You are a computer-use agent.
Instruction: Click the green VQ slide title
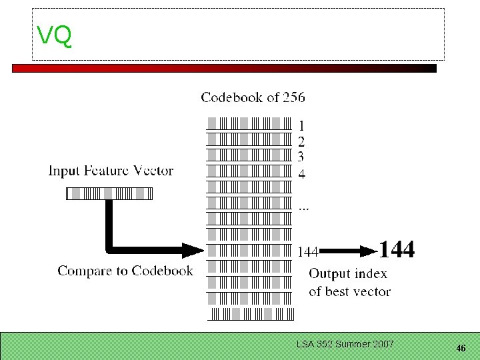click(54, 35)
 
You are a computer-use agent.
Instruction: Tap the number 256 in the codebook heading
click(293, 97)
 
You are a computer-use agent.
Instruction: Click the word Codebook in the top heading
click(232, 97)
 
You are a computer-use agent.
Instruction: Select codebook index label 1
click(301, 125)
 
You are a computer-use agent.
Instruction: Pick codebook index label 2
click(301, 141)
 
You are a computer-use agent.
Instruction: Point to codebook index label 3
click(301, 157)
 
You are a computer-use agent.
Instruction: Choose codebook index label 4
click(301, 175)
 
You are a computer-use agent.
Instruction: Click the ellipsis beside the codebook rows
click(303, 209)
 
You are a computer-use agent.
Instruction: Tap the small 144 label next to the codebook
click(307, 252)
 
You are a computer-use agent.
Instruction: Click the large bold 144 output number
click(397, 250)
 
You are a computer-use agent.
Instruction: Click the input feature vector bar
click(109, 194)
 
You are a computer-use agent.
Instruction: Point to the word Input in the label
click(65, 171)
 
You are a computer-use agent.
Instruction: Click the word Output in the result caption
click(329, 274)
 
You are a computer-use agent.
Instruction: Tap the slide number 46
click(460, 348)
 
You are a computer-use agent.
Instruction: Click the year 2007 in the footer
click(383, 344)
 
